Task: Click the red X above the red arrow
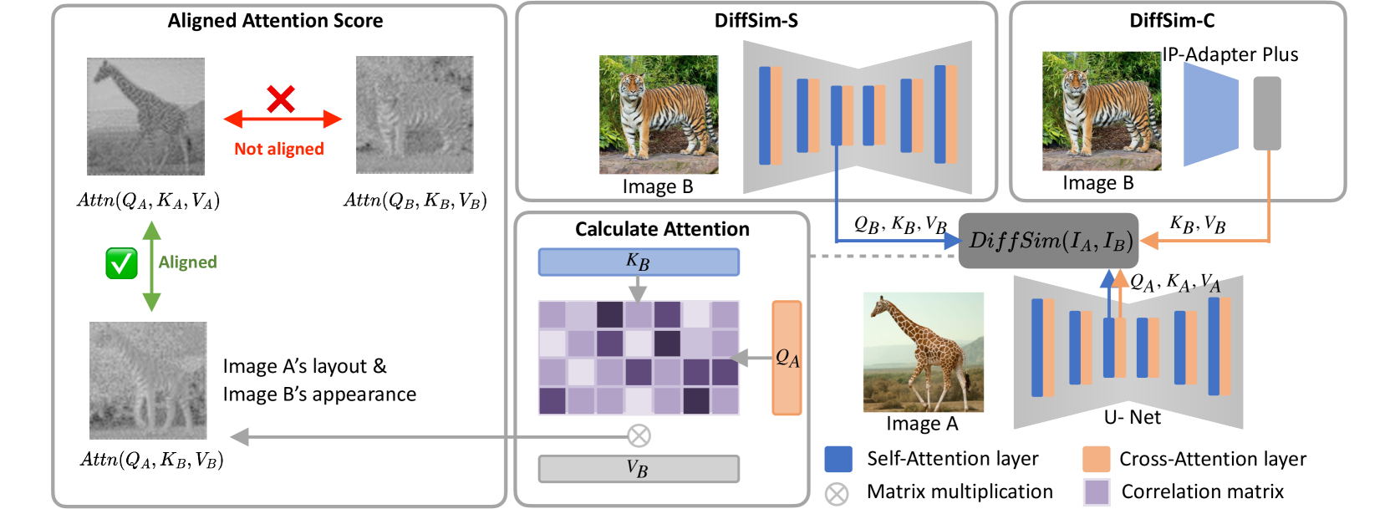(x=281, y=99)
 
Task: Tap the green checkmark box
(x=121, y=263)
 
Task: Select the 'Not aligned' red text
(x=279, y=149)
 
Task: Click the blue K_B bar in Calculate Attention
(x=639, y=262)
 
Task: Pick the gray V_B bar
(x=639, y=469)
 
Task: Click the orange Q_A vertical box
(x=787, y=358)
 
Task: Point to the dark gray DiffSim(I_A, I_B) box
(x=1048, y=241)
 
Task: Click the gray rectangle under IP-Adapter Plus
(x=1267, y=114)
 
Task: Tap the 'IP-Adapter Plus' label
(x=1230, y=54)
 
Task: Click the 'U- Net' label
(x=1133, y=417)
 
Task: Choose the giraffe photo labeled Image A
(x=923, y=352)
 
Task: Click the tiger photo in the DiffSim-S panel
(x=659, y=115)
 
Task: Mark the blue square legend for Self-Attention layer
(x=838, y=459)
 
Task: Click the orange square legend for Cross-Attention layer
(x=1096, y=459)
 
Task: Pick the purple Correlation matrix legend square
(x=1096, y=491)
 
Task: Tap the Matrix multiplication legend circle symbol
(x=837, y=493)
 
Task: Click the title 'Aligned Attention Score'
(x=275, y=21)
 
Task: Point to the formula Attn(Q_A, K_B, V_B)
(x=152, y=460)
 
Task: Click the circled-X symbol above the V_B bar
(x=639, y=435)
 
